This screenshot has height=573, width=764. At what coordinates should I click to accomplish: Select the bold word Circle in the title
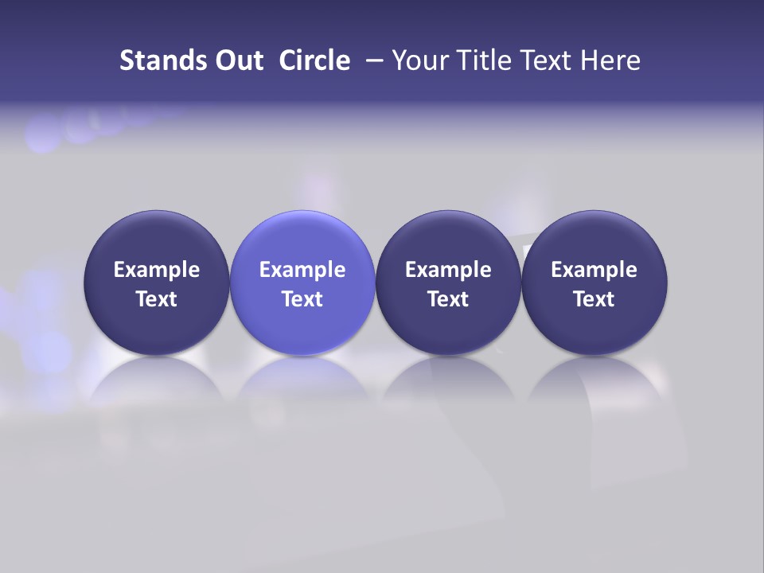pyautogui.click(x=314, y=60)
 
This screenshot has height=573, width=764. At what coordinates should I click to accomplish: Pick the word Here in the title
pyautogui.click(x=610, y=60)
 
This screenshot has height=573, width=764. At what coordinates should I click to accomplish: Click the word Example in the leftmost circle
pyautogui.click(x=157, y=270)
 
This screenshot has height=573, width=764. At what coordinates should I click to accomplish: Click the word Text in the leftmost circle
pyautogui.click(x=157, y=299)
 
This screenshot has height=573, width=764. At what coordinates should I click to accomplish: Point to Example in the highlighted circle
pyautogui.click(x=302, y=270)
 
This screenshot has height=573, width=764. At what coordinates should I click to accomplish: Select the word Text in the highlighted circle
pyautogui.click(x=302, y=299)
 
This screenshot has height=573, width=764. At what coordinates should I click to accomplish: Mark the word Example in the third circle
pyautogui.click(x=448, y=270)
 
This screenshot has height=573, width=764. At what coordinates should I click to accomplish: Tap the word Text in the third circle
pyautogui.click(x=448, y=299)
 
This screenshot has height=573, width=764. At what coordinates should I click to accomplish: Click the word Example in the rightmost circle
pyautogui.click(x=594, y=270)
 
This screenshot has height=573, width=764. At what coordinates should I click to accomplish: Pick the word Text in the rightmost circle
pyautogui.click(x=594, y=299)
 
